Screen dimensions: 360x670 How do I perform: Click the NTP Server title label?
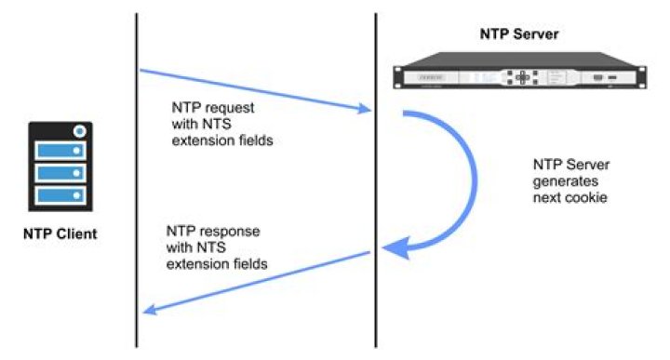click(519, 34)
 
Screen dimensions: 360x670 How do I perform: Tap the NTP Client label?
click(60, 233)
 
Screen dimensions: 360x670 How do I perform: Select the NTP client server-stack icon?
click(60, 167)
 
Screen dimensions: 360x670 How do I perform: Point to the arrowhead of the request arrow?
click(366, 110)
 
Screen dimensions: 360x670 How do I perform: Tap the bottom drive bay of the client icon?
click(60, 195)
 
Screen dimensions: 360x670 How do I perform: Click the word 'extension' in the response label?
click(194, 265)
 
